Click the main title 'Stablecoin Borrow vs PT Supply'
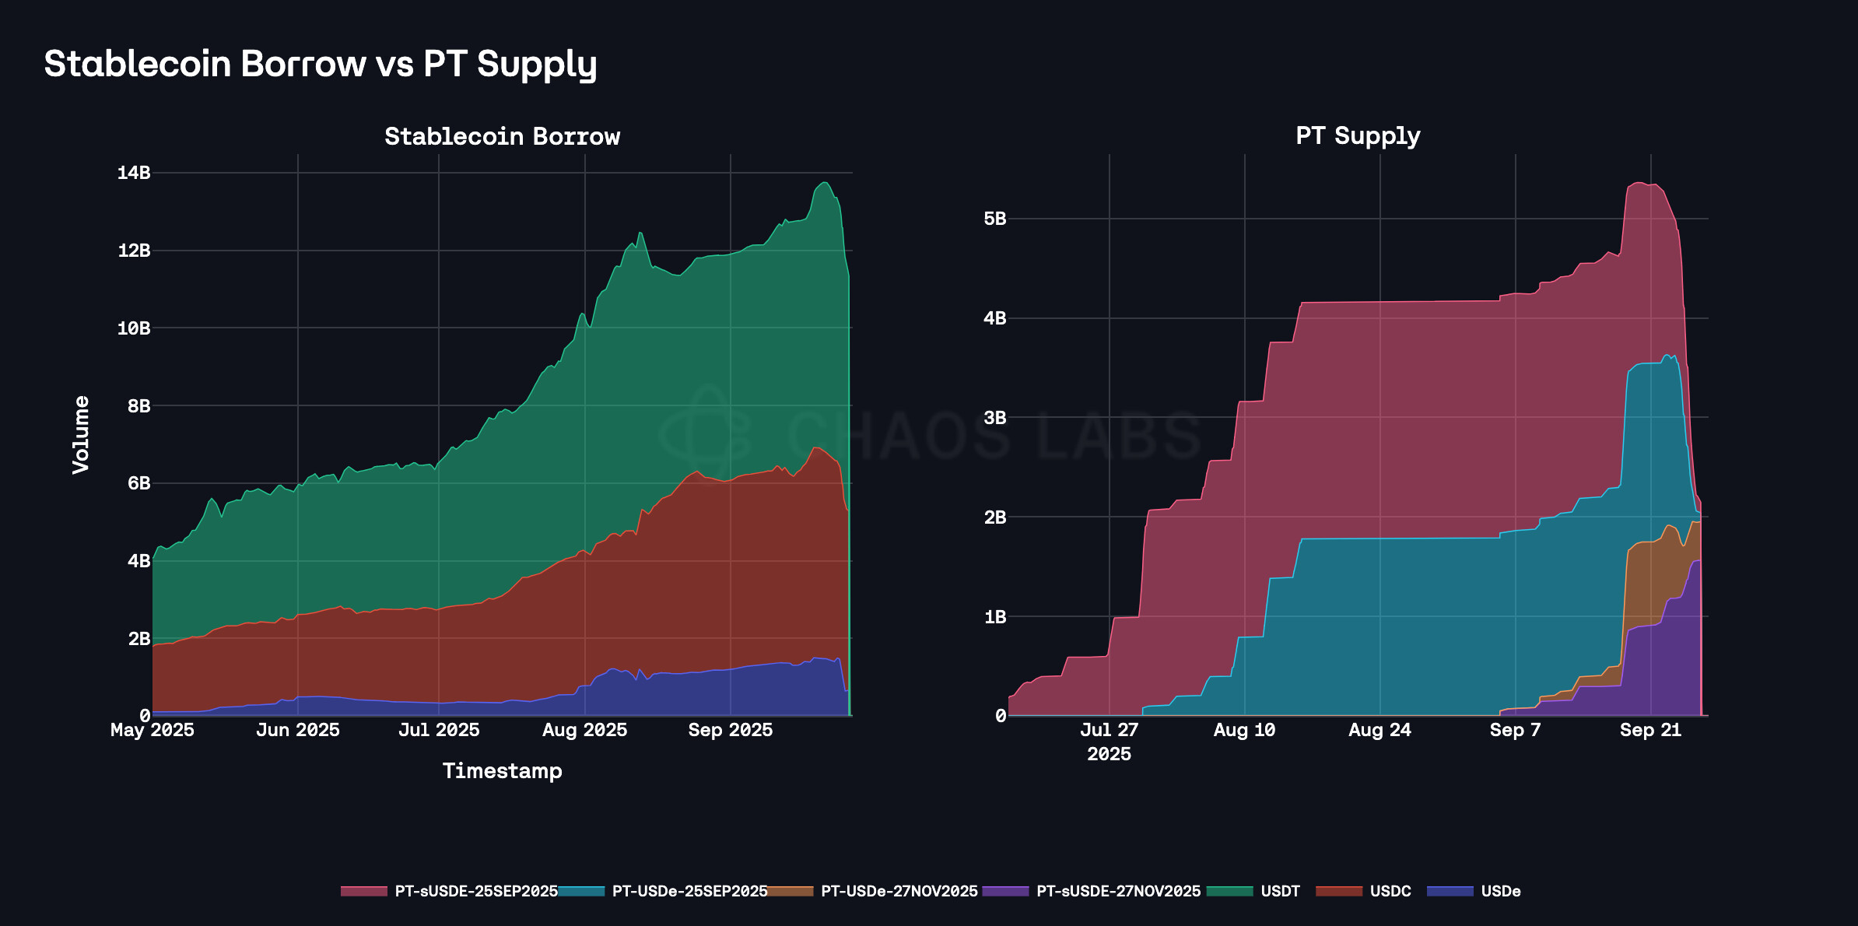[320, 64]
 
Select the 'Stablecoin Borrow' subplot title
[502, 136]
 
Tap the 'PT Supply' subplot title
[1358, 135]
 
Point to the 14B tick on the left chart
[134, 173]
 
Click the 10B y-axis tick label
[134, 328]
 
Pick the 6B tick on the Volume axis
[138, 483]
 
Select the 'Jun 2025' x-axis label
[298, 730]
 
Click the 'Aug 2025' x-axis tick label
[584, 730]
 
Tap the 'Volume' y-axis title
[81, 434]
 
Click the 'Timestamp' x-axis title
[502, 771]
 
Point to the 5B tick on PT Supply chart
[994, 219]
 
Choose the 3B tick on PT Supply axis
[994, 418]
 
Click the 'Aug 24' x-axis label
[1379, 730]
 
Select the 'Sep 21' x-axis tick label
[1650, 730]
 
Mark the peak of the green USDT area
[825, 183]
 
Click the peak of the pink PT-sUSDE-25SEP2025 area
[1639, 183]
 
